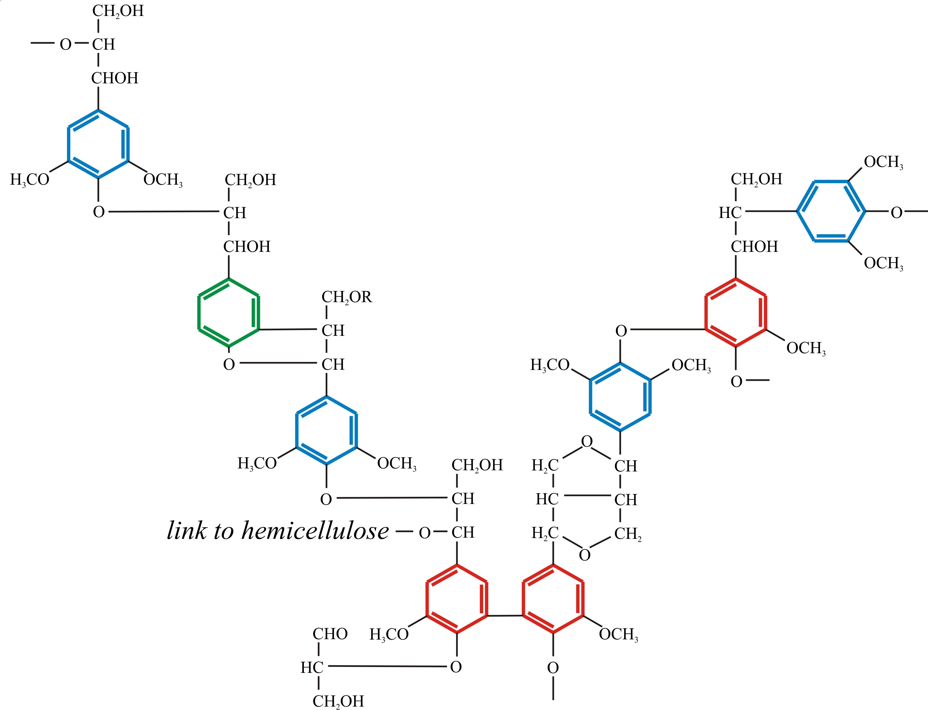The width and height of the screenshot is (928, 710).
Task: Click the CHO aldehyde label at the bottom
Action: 330,634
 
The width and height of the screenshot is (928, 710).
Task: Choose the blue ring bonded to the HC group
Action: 831,211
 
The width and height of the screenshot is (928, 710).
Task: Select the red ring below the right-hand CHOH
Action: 736,313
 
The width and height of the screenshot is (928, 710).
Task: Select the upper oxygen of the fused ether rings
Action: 586,442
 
